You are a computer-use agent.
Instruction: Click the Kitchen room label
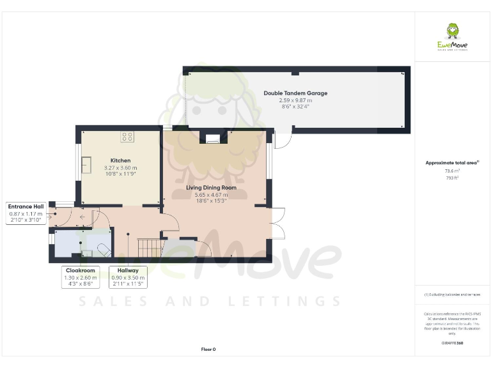coord(120,160)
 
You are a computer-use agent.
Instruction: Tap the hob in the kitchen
coord(127,136)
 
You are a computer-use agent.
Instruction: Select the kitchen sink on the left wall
coord(85,165)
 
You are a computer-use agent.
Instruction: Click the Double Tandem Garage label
coord(295,93)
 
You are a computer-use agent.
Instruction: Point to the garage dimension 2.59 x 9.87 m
coord(295,100)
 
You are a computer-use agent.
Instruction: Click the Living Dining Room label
coord(211,188)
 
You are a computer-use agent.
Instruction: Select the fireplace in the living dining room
coord(212,136)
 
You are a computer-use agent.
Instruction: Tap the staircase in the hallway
coord(148,245)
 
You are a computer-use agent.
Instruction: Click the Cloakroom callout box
coord(81,277)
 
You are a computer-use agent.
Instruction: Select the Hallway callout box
coord(128,277)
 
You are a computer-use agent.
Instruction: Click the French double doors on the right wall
coord(276,223)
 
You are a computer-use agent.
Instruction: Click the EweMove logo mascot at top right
coord(452,33)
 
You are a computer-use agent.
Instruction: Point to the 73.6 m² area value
coord(452,171)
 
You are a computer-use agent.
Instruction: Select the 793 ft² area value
coord(452,178)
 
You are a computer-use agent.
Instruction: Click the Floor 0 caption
coord(208,349)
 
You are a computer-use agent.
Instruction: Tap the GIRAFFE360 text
coord(452,343)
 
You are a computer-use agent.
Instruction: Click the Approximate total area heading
coord(451,163)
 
